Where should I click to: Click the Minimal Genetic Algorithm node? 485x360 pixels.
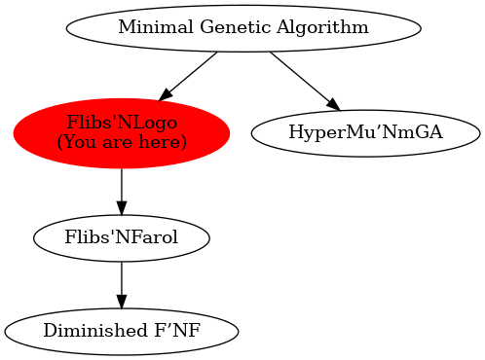click(x=242, y=27)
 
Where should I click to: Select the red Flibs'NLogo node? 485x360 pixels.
click(x=122, y=132)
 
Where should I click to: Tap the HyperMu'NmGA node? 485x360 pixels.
click(x=365, y=132)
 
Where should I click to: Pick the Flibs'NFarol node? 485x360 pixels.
click(x=122, y=236)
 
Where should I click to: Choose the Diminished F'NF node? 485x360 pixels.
click(x=122, y=331)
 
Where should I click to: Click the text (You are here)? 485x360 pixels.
click(x=122, y=142)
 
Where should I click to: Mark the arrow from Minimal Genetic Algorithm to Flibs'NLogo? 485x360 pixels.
click(x=191, y=75)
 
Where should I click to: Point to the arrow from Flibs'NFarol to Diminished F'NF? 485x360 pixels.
click(x=122, y=280)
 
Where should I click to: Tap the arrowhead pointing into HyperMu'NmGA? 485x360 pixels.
click(x=331, y=103)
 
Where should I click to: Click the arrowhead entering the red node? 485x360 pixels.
click(x=166, y=95)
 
